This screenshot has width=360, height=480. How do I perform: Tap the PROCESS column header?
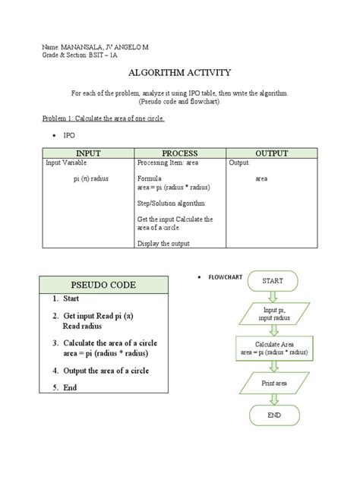180,153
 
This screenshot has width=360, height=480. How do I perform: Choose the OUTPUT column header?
271,153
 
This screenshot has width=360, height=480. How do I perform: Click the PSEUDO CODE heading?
99,285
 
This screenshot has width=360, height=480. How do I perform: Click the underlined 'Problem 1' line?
103,119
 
